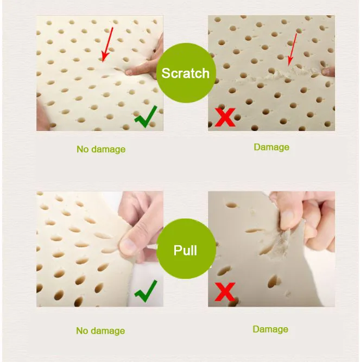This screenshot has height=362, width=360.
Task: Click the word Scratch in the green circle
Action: pos(185,73)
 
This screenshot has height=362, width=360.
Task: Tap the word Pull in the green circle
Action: pos(185,250)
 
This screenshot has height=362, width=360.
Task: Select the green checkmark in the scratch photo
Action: pos(146,117)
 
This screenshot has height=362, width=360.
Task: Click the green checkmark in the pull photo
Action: pos(146,291)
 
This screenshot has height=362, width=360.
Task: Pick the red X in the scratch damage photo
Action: pos(225,117)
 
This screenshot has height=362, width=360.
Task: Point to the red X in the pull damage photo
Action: pos(225,292)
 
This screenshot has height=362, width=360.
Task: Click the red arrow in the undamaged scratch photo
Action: pos(108,45)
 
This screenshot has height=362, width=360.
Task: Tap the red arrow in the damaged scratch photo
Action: pos(292,49)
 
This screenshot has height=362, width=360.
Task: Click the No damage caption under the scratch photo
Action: pos(101,149)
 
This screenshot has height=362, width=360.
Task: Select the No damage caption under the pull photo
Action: pos(100,331)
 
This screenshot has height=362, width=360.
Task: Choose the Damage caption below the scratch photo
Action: pos(271,147)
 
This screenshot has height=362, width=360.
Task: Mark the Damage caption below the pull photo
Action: pos(270,329)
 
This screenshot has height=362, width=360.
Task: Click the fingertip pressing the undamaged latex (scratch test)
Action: pos(129,72)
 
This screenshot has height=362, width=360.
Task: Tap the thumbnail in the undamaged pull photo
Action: pos(127,246)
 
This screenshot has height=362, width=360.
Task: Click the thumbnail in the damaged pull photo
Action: pos(288,217)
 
